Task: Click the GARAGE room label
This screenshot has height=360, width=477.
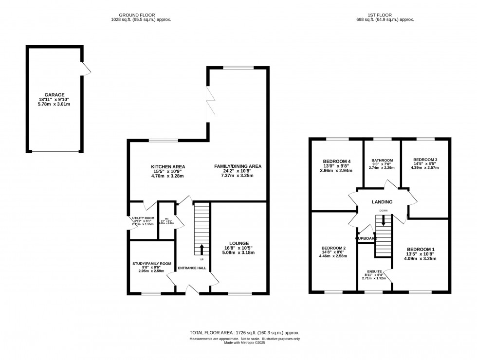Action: [55, 95]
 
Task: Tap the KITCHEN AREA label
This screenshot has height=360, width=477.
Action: [167, 167]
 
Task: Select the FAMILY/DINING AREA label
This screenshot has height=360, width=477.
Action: [238, 166]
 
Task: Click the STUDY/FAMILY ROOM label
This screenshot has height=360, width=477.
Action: [152, 264]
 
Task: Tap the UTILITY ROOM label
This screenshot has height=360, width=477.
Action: [143, 218]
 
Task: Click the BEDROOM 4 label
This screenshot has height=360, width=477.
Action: [336, 162]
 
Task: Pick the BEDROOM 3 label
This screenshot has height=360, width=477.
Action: [425, 160]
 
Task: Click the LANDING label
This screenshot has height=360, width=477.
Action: [382, 202]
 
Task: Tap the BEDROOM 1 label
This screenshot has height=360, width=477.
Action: [421, 250]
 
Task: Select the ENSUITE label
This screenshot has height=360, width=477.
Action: [374, 272]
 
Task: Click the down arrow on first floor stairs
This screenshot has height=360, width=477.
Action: [383, 220]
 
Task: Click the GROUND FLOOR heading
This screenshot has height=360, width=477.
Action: [141, 15]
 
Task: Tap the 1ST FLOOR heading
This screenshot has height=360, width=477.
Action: [385, 15]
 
